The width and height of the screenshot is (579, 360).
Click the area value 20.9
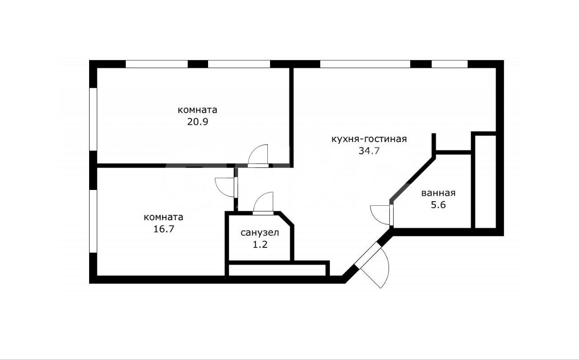[198, 122]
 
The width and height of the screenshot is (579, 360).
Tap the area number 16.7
[164, 229]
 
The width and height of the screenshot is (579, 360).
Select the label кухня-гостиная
[369, 139]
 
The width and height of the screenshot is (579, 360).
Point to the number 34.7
[369, 151]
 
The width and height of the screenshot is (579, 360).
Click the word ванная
[438, 193]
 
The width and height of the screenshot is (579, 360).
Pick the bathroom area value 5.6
[438, 205]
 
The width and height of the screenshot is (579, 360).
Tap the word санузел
[260, 232]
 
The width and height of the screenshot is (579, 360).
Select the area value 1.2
[260, 244]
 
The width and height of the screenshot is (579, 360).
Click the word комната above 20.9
[198, 110]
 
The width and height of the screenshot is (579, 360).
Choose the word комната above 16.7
[163, 217]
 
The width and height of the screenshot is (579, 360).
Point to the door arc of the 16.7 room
[220, 192]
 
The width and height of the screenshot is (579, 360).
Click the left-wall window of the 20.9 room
[93, 119]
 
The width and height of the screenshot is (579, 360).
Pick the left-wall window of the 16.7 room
[93, 221]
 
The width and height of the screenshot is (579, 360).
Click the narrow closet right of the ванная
[485, 182]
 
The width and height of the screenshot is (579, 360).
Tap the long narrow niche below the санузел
[277, 270]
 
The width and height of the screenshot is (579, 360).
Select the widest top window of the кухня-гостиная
[365, 64]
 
